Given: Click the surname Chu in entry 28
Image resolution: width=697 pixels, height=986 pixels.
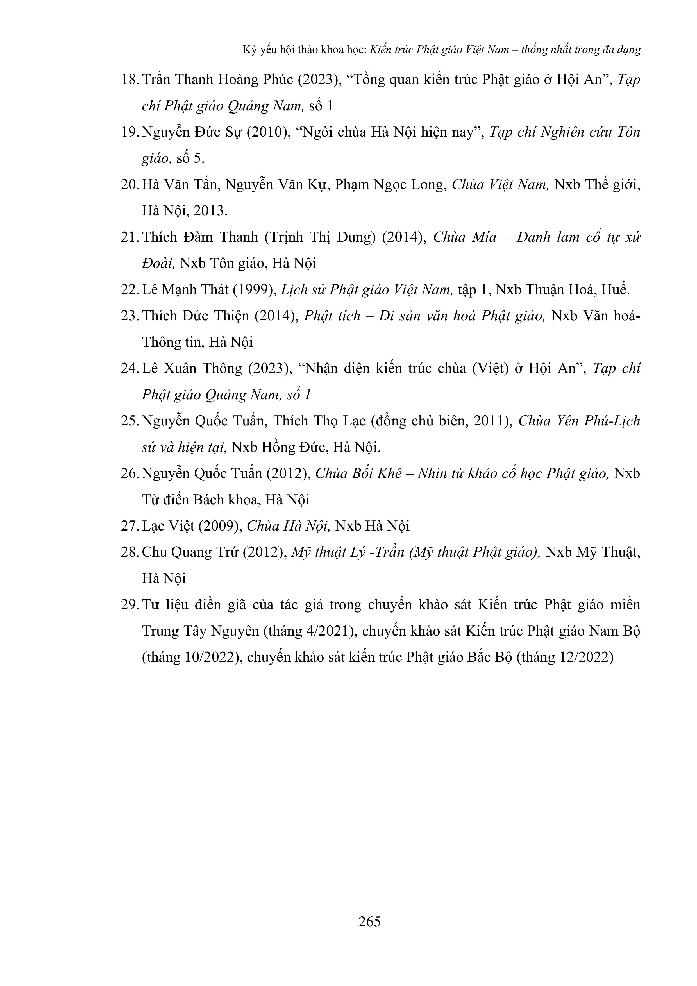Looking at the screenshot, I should (x=154, y=552).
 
